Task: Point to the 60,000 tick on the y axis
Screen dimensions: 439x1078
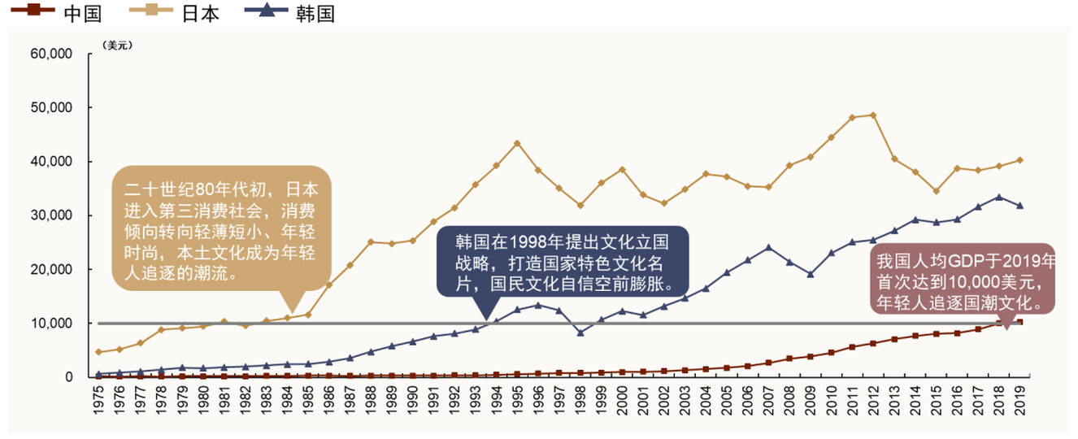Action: tap(51, 54)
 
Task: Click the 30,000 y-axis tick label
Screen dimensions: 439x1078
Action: tap(51, 215)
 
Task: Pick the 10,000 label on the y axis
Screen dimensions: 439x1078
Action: tap(51, 324)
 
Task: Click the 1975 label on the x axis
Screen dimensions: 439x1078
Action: tap(98, 399)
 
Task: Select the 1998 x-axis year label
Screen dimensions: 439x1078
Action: tap(580, 399)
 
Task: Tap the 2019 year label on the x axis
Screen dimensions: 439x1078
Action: tap(1020, 399)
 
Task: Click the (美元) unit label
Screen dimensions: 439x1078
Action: tap(117, 46)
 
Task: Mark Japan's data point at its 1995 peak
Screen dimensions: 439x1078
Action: tap(517, 143)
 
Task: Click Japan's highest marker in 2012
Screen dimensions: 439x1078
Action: tap(873, 115)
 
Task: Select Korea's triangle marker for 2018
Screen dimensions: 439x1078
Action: tap(999, 197)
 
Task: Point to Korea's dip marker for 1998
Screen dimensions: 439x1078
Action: tap(580, 333)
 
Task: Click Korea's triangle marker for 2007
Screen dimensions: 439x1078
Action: tap(768, 247)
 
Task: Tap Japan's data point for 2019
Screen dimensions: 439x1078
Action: tap(1020, 160)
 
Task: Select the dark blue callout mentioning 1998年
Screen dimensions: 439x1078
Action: tap(563, 260)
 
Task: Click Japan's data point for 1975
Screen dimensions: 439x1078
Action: tap(98, 352)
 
